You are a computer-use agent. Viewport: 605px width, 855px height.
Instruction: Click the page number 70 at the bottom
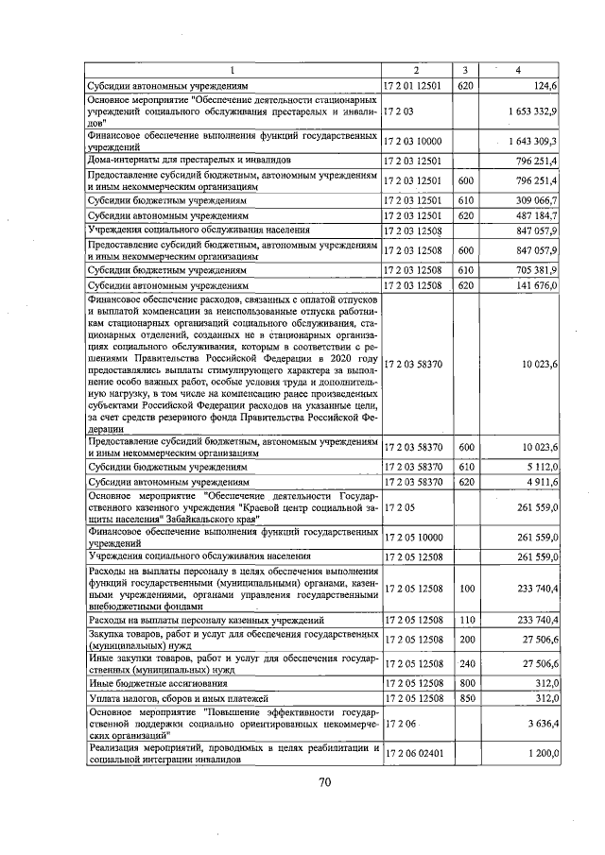[324, 781]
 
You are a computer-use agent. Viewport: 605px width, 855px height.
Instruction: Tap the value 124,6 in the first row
[545, 86]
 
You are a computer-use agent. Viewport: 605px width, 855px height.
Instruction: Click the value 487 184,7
[536, 215]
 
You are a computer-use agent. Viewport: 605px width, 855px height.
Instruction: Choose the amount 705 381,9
[536, 269]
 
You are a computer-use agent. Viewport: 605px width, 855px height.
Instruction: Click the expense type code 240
[464, 664]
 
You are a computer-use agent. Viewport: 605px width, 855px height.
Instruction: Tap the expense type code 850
[464, 698]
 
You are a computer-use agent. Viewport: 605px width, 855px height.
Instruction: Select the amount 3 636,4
[542, 724]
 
